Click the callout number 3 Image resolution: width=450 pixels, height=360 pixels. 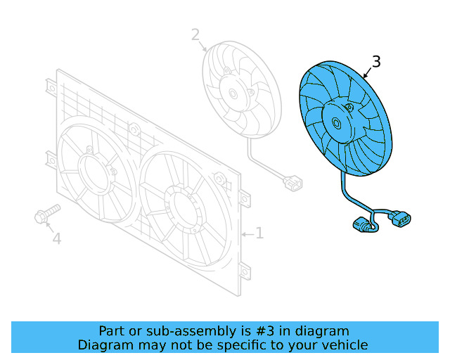tap(376, 62)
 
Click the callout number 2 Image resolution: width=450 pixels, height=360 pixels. tap(195, 34)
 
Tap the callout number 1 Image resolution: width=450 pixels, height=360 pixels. tap(259, 233)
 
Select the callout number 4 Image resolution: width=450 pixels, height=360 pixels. tap(56, 239)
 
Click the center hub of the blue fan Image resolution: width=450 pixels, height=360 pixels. tap(340, 123)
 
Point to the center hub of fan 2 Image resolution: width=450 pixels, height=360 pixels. tap(233, 92)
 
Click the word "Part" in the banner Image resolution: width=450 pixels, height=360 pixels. tap(112, 330)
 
